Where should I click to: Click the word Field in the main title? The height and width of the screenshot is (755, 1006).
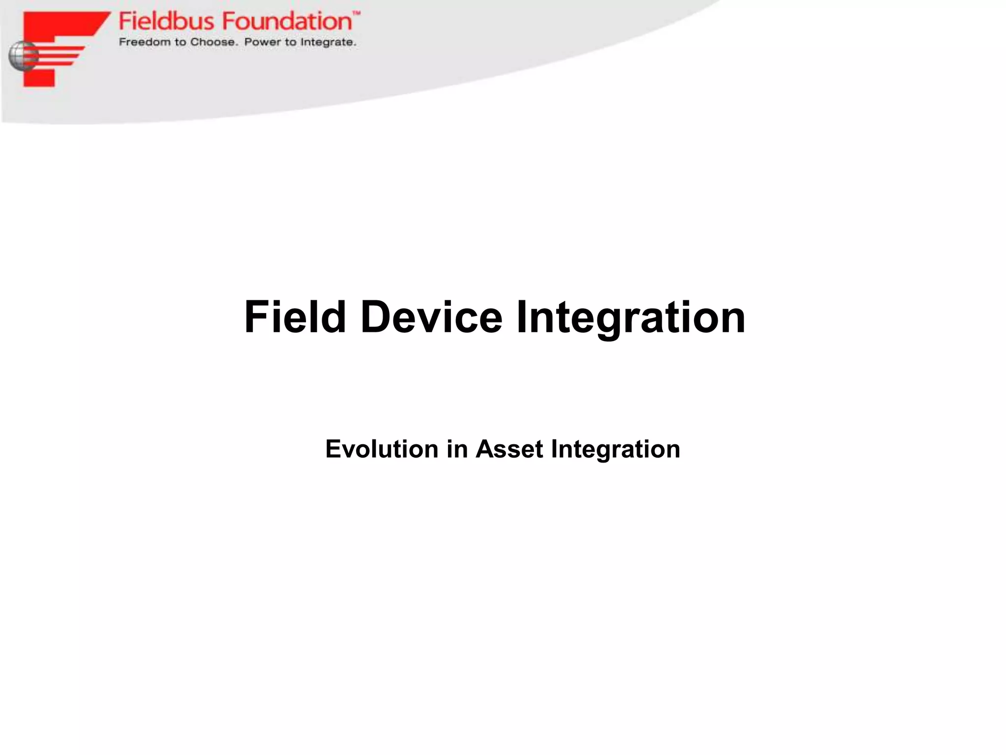295,317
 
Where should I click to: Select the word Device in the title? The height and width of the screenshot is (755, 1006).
431,317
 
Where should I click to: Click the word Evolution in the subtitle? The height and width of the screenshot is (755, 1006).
382,449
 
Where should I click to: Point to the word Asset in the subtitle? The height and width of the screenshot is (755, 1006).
509,449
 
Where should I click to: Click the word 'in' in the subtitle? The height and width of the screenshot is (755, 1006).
457,449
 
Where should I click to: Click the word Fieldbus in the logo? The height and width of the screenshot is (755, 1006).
167,22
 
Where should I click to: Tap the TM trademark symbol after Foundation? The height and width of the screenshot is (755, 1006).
357,14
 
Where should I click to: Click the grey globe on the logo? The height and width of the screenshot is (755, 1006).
23,56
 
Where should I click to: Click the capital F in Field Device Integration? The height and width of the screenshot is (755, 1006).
256,317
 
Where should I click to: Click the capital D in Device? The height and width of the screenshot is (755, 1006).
376,317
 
